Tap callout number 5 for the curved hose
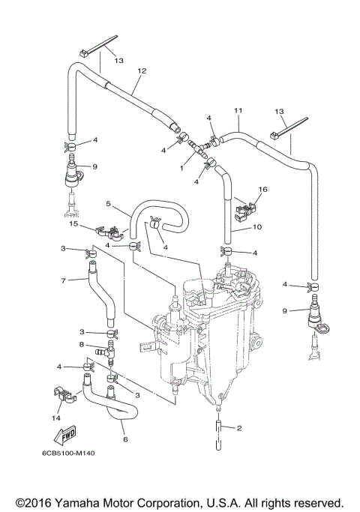[x=108, y=203]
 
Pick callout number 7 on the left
[x=64, y=280]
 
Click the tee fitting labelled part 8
[x=111, y=349]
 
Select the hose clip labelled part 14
[x=65, y=394]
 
